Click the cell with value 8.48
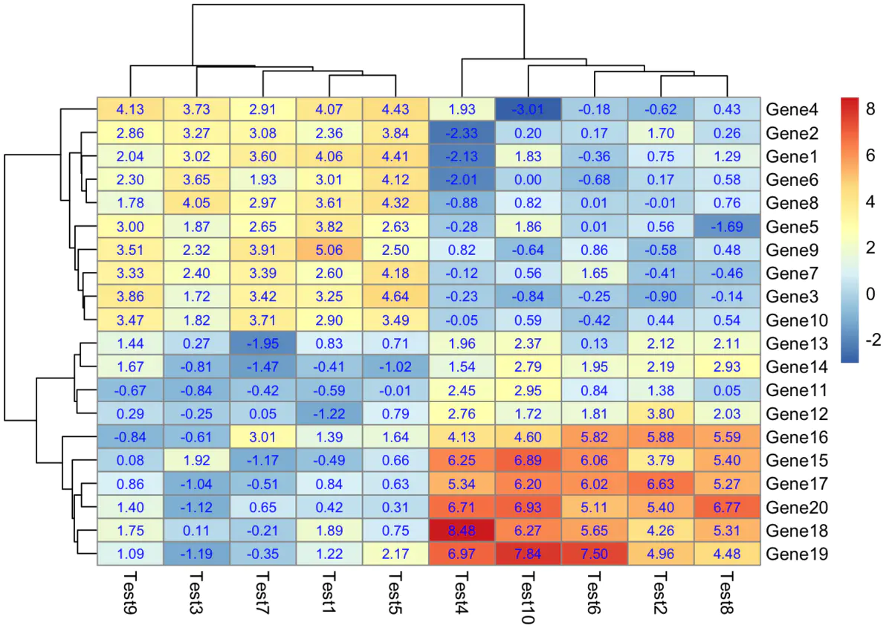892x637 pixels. (462, 531)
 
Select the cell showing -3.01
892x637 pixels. (529, 110)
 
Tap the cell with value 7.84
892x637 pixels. (529, 554)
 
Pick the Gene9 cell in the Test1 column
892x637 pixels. (329, 250)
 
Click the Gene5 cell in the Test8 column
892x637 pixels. (728, 227)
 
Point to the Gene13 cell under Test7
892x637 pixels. (262, 343)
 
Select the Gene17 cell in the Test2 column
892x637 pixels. (662, 484)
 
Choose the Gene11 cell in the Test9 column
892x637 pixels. (129, 390)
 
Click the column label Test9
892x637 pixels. (131, 595)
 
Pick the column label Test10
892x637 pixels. (529, 598)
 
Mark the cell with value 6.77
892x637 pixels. (728, 507)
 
